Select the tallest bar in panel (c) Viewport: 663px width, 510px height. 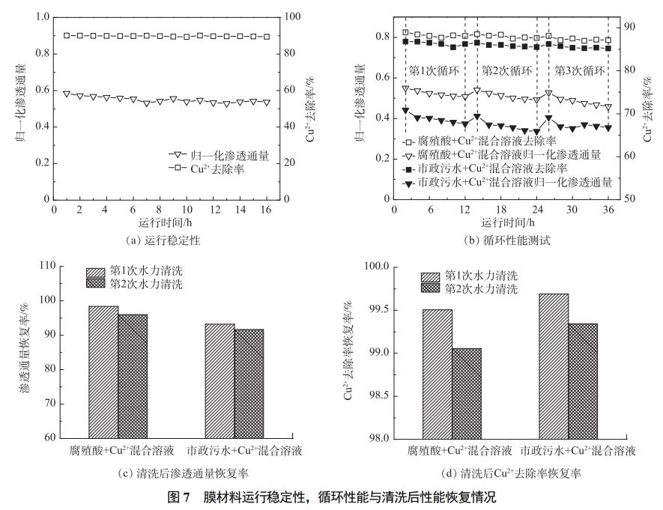click(x=103, y=371)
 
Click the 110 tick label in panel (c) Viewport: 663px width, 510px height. click(x=47, y=267)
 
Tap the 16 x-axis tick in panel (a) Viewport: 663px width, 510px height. click(x=267, y=210)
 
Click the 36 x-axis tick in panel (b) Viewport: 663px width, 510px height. click(x=608, y=210)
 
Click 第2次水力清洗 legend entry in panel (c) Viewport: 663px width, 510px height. click(x=146, y=284)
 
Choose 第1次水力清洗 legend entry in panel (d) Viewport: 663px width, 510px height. click(x=479, y=275)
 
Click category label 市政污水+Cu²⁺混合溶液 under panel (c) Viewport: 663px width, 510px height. click(x=245, y=451)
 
